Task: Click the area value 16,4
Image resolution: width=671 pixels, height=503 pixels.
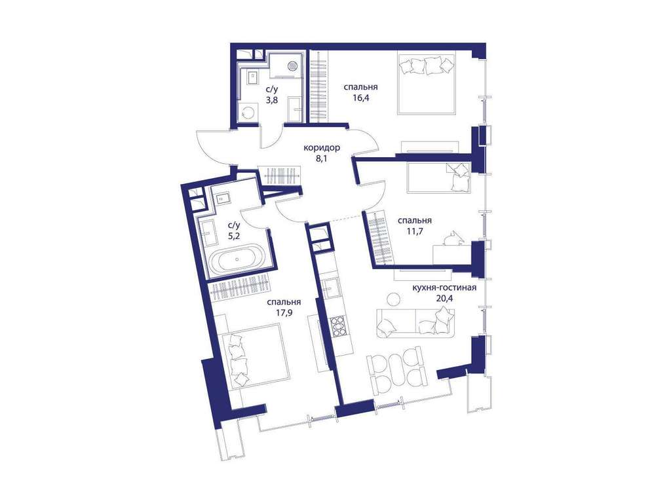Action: click(x=361, y=98)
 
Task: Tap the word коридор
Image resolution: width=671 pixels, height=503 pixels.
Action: click(x=322, y=149)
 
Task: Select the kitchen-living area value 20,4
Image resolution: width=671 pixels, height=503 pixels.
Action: click(x=444, y=298)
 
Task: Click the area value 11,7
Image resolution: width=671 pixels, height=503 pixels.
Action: click(x=414, y=231)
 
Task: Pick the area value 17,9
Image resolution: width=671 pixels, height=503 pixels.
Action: click(x=284, y=312)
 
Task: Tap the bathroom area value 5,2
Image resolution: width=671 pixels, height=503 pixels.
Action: click(x=234, y=235)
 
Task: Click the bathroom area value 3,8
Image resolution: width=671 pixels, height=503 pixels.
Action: click(x=271, y=100)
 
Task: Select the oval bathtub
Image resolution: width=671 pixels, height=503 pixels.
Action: click(x=237, y=258)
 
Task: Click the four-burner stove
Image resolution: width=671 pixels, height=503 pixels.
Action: click(x=337, y=327)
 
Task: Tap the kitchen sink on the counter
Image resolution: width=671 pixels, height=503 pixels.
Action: click(x=332, y=288)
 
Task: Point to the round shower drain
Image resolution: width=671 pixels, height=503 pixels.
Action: click(x=293, y=66)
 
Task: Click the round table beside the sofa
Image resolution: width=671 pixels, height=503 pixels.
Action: click(x=393, y=299)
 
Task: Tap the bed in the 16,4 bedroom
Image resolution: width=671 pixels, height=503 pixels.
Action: click(x=426, y=83)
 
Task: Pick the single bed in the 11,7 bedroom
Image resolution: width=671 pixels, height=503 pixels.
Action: click(x=438, y=177)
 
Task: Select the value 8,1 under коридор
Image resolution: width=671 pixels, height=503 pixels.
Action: click(x=321, y=159)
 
